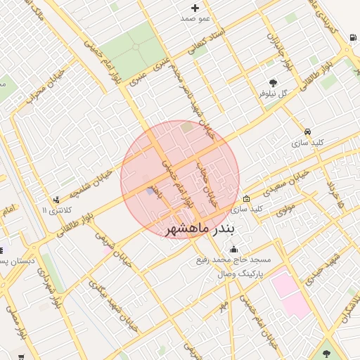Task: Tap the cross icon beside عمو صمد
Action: click(x=195, y=8)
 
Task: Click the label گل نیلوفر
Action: click(x=274, y=93)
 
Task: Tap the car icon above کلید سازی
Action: click(x=308, y=131)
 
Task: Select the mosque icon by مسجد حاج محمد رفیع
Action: click(x=233, y=249)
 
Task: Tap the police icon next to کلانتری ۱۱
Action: click(x=57, y=200)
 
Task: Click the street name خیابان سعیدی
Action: click(x=284, y=183)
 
